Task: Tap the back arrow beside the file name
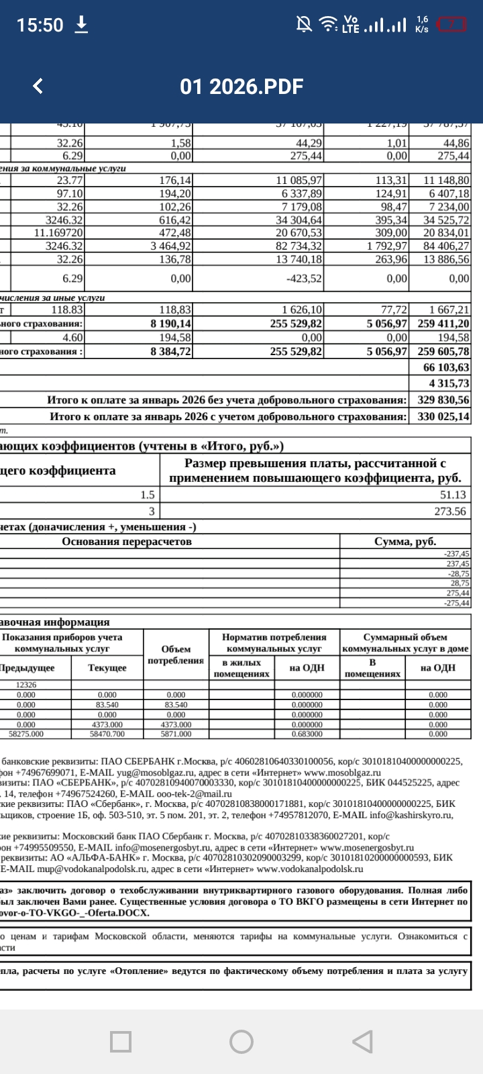(x=38, y=86)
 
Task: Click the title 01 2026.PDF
(x=241, y=87)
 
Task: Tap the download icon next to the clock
(x=81, y=25)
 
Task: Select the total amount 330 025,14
(x=443, y=417)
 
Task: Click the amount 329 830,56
(x=443, y=400)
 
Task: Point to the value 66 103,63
(x=446, y=368)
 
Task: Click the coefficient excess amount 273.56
(x=450, y=511)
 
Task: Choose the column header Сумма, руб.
(x=405, y=542)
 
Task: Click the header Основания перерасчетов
(x=127, y=542)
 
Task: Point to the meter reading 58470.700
(x=107, y=734)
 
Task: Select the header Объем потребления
(x=176, y=654)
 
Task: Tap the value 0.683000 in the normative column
(x=307, y=734)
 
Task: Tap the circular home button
(x=241, y=1042)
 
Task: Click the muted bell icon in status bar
(x=304, y=25)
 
